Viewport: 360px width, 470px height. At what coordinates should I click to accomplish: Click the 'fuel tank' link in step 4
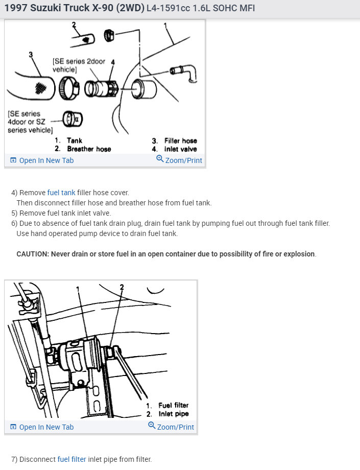[61, 193]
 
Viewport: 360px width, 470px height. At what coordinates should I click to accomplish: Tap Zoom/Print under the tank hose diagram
[179, 160]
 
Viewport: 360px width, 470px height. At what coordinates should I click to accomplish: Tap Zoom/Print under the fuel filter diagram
[171, 427]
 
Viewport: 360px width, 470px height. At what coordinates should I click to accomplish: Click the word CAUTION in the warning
[32, 254]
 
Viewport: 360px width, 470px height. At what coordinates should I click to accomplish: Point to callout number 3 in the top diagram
[31, 54]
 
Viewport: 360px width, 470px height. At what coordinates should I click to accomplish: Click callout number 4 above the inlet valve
[113, 62]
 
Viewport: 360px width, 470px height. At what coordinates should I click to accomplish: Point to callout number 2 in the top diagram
[74, 25]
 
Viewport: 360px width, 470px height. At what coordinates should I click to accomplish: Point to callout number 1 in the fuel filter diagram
[78, 289]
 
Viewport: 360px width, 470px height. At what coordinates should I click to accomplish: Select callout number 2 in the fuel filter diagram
[122, 287]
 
